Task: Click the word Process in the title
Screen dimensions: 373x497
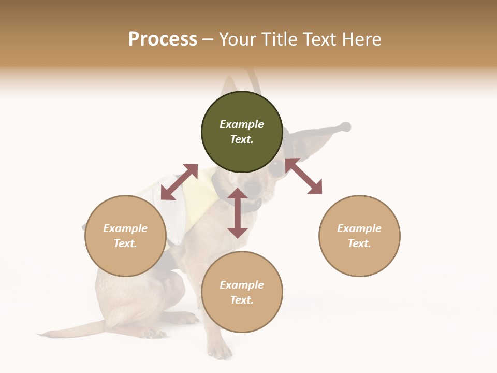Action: [x=163, y=39]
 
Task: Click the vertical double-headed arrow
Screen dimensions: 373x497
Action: [x=238, y=213]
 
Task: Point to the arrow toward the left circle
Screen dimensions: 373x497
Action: [x=179, y=182]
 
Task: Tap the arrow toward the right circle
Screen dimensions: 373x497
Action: [x=303, y=176]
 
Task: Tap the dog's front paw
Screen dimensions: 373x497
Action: [x=220, y=351]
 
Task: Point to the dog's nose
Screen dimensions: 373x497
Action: [x=253, y=185]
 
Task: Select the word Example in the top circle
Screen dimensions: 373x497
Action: [x=242, y=124]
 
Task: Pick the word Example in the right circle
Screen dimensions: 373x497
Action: [x=359, y=228]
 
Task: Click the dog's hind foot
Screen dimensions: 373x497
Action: [x=150, y=332]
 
